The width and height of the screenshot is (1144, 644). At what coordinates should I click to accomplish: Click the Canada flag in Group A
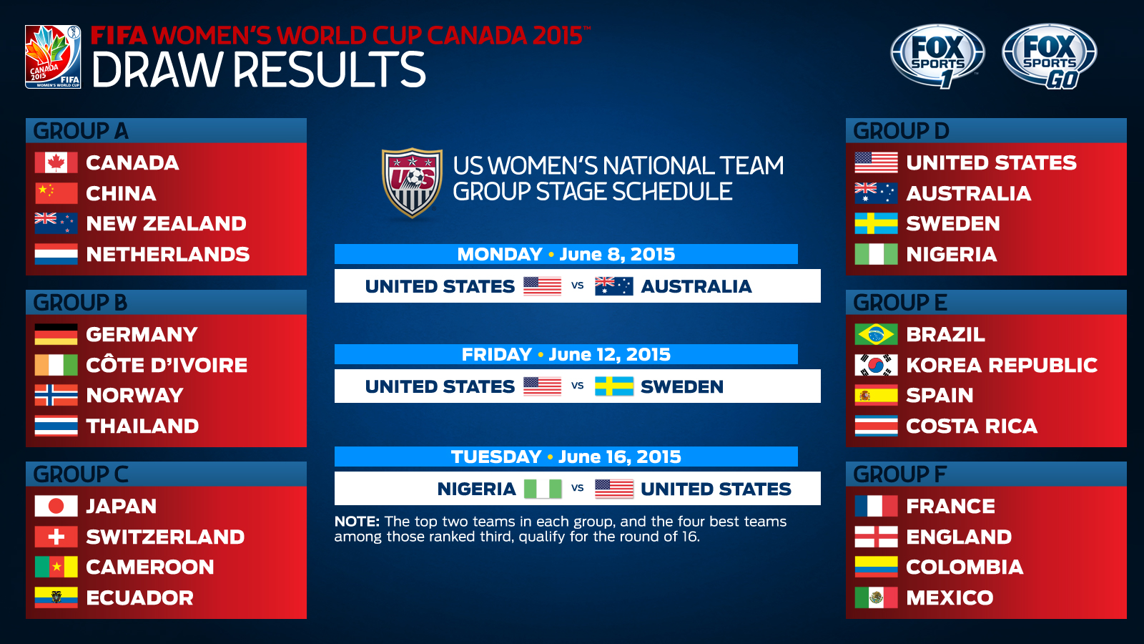(56, 162)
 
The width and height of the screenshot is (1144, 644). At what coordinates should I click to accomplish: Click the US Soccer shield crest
(412, 182)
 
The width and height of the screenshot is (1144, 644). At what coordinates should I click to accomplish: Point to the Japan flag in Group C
(56, 506)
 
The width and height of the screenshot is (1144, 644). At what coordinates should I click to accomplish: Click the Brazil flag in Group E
(876, 334)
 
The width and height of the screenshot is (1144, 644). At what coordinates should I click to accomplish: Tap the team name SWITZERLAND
(165, 537)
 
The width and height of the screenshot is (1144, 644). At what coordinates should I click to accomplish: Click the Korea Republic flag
(876, 365)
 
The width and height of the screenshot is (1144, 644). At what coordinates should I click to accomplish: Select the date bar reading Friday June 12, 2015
(566, 354)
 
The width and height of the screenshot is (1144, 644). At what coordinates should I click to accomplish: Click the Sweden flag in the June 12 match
(614, 386)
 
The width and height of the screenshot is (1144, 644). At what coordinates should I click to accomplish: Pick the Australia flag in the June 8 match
(614, 286)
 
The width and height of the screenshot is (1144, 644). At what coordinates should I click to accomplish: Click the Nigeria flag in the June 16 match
(543, 489)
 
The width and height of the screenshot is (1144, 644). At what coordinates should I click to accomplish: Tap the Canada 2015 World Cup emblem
(53, 57)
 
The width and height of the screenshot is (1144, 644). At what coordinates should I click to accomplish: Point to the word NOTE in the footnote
(357, 522)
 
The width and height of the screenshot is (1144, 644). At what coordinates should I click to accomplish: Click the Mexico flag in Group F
(876, 597)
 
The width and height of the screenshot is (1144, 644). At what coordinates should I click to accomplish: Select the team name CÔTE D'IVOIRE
(167, 364)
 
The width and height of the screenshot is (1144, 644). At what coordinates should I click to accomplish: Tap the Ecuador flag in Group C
(56, 597)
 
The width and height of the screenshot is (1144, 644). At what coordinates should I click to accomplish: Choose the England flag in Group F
(876, 537)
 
